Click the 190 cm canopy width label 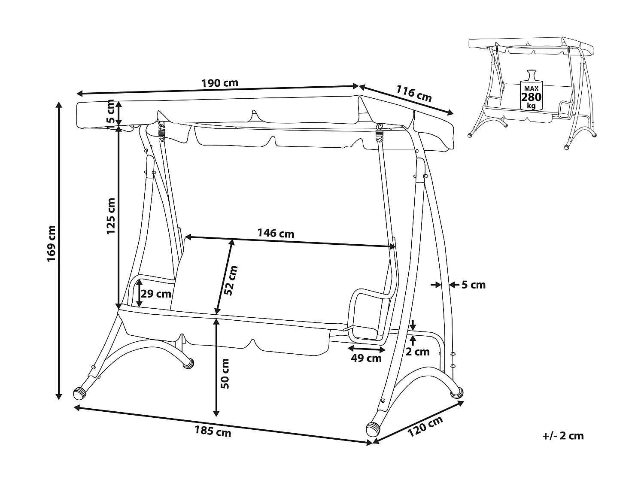pyautogui.click(x=220, y=83)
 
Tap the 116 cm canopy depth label pyautogui.click(x=413, y=94)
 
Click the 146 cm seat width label pyautogui.click(x=276, y=233)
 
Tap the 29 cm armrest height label pyautogui.click(x=156, y=294)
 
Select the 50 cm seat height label pyautogui.click(x=224, y=373)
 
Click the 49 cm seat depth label pyautogui.click(x=366, y=358)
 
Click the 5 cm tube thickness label pyautogui.click(x=474, y=285)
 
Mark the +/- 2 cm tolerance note pyautogui.click(x=563, y=436)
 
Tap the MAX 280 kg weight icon pyautogui.click(x=531, y=90)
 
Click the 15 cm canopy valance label pyautogui.click(x=110, y=112)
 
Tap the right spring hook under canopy pyautogui.click(x=380, y=131)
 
